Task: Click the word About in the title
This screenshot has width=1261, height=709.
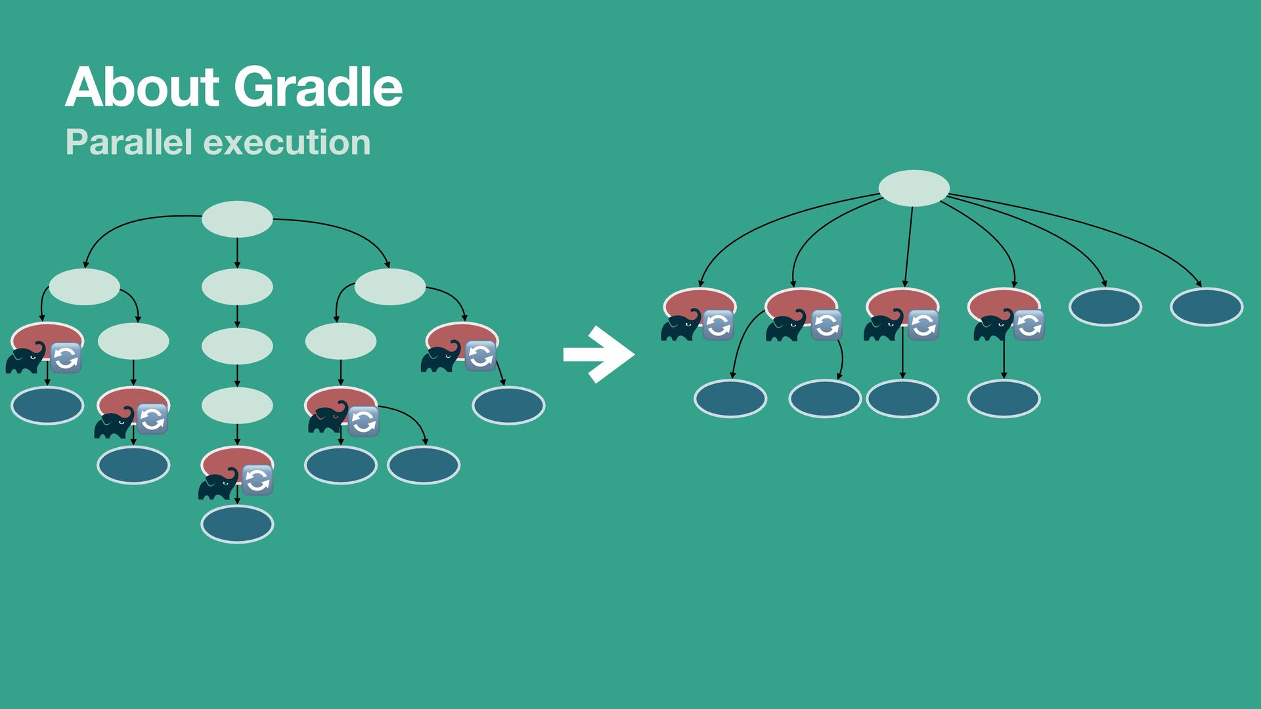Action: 142,87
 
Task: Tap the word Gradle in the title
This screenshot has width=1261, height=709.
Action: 318,87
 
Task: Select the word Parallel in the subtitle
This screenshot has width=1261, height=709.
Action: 129,142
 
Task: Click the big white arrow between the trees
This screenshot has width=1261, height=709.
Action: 598,354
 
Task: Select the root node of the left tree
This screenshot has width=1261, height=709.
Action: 237,219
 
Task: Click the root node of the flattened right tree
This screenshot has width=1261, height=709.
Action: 914,188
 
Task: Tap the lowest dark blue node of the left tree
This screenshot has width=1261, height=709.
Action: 237,525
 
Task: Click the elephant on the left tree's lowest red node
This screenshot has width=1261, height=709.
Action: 218,484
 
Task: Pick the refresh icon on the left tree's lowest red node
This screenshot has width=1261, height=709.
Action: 257,480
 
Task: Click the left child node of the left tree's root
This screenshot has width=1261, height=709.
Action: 84,287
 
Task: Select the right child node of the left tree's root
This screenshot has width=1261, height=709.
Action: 390,287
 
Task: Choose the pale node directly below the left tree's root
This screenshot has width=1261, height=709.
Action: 237,287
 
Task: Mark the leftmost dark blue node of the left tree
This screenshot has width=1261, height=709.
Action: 47,406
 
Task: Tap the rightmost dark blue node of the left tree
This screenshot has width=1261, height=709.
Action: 508,406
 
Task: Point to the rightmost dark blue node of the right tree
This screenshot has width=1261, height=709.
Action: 1206,307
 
